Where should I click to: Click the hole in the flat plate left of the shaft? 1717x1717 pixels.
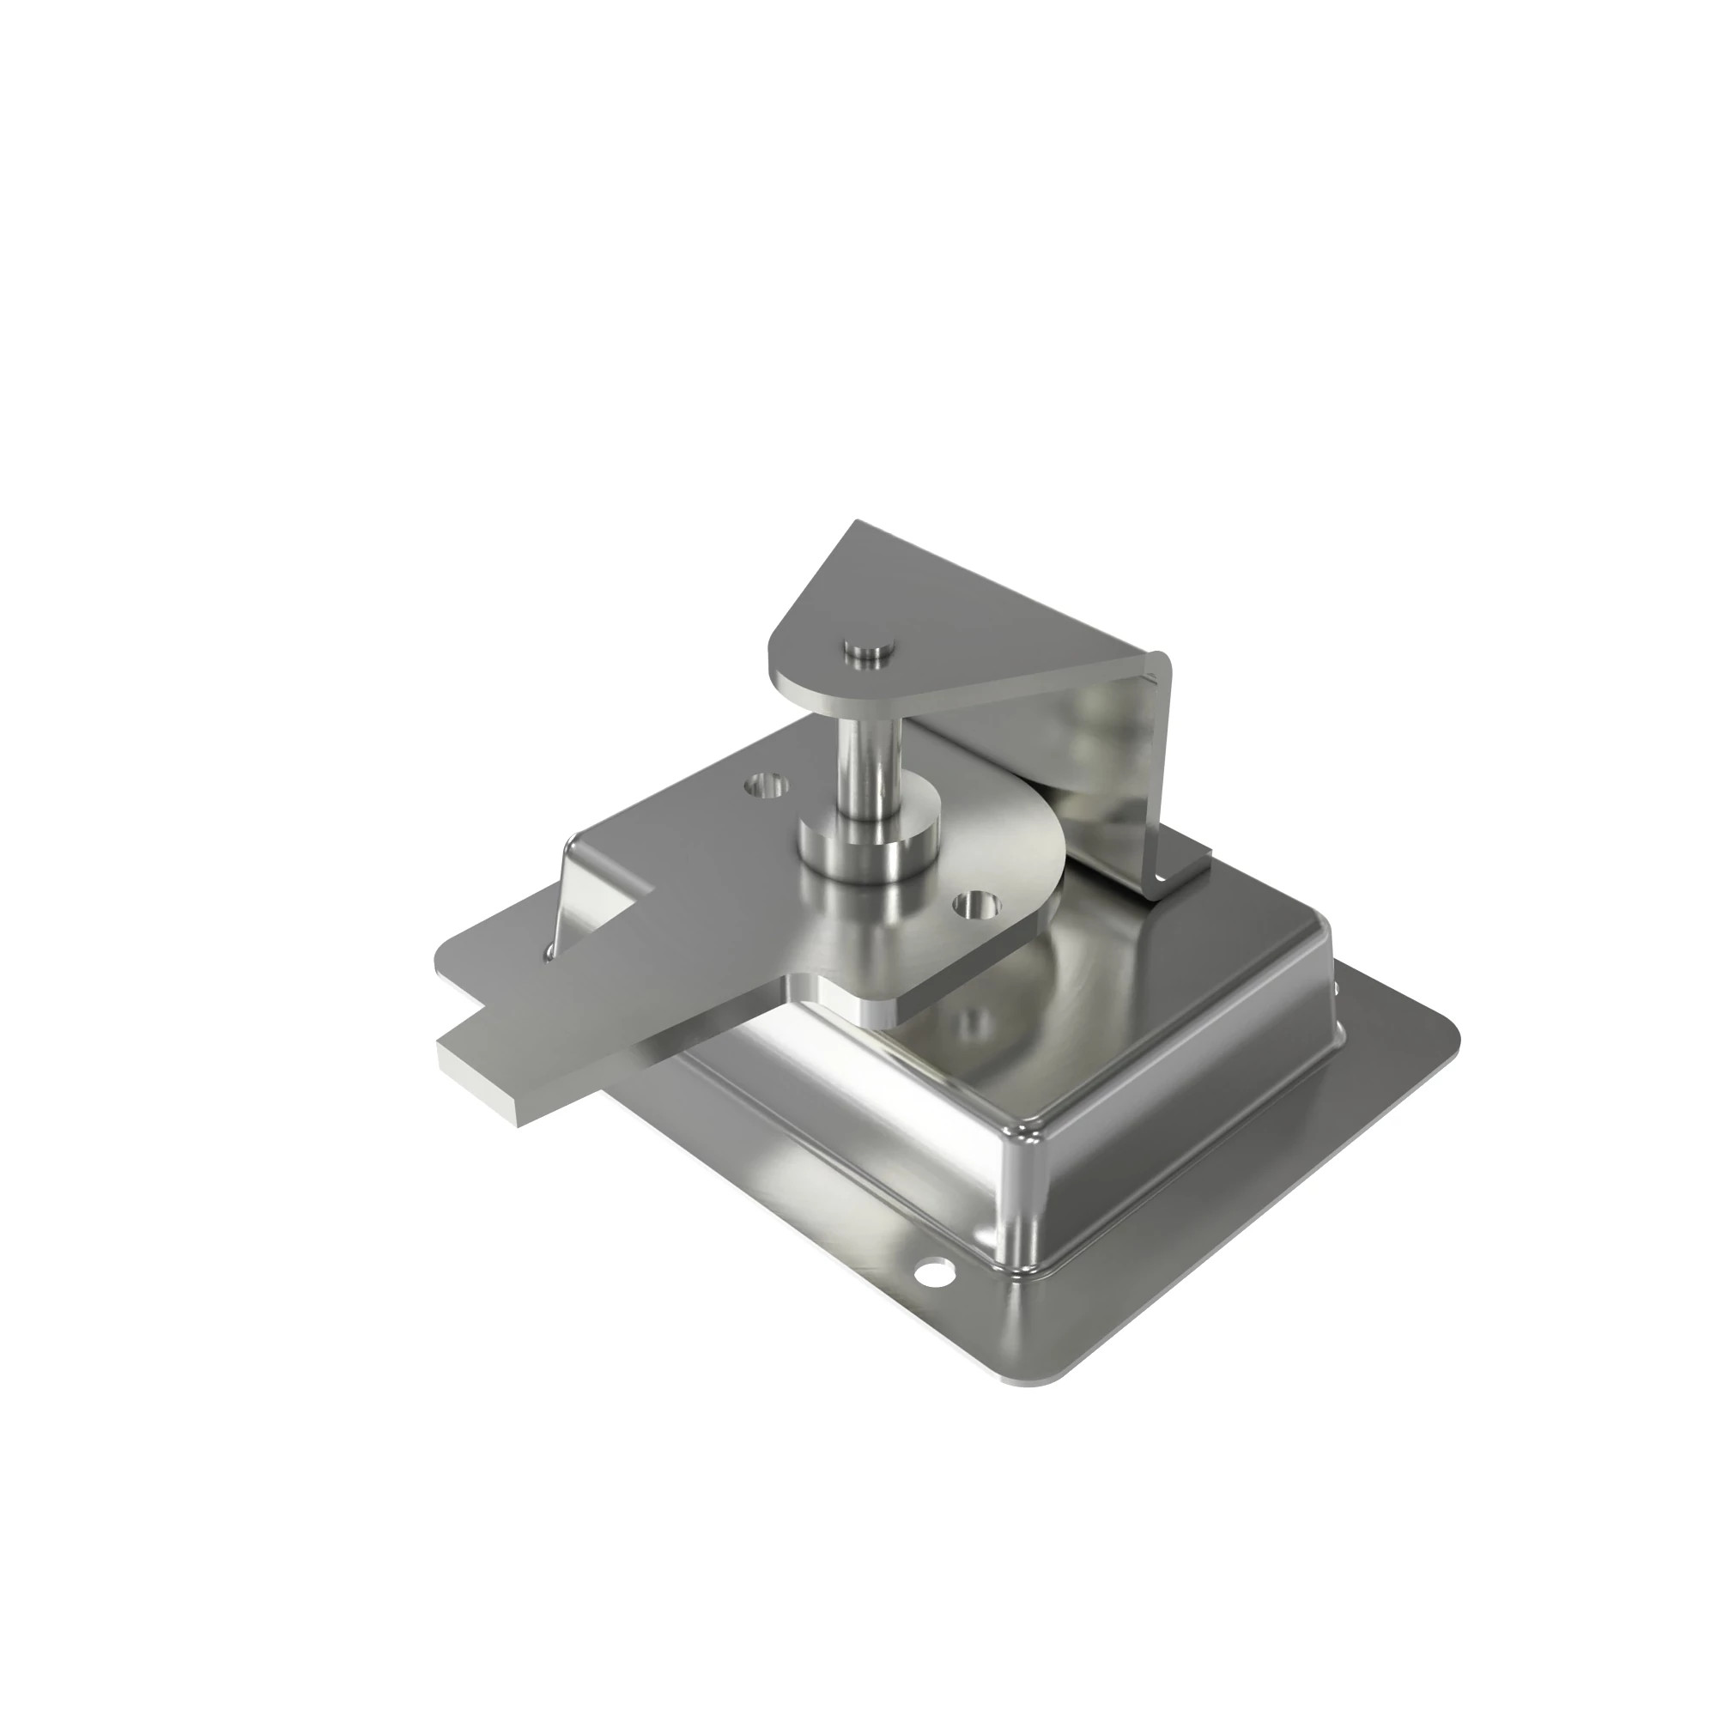767,786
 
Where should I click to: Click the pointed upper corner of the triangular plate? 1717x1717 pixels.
858,526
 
